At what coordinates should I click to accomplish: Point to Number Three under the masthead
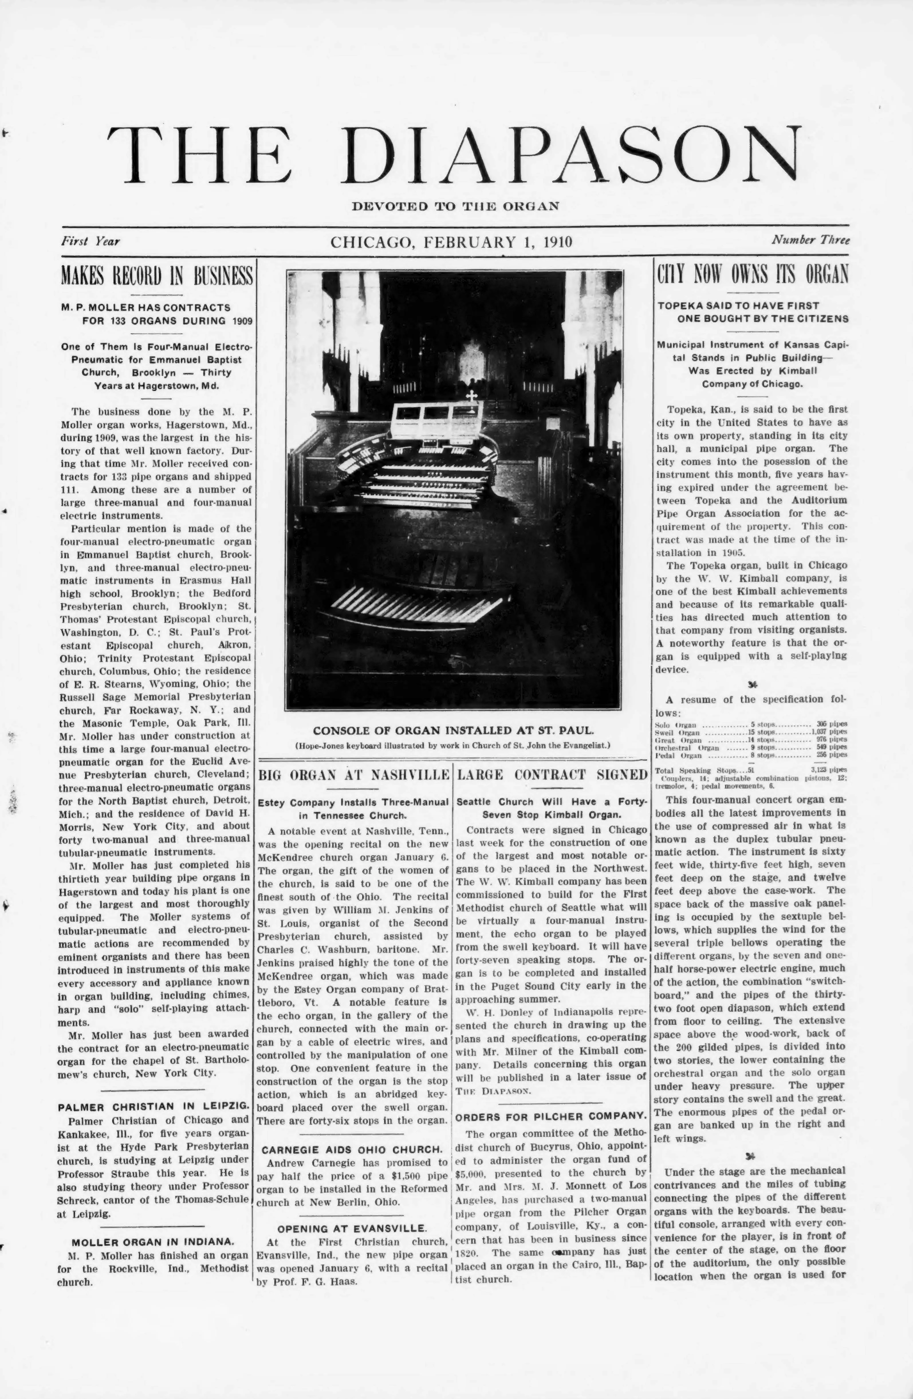(x=811, y=240)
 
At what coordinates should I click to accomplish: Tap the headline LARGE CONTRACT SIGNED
(x=552, y=774)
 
